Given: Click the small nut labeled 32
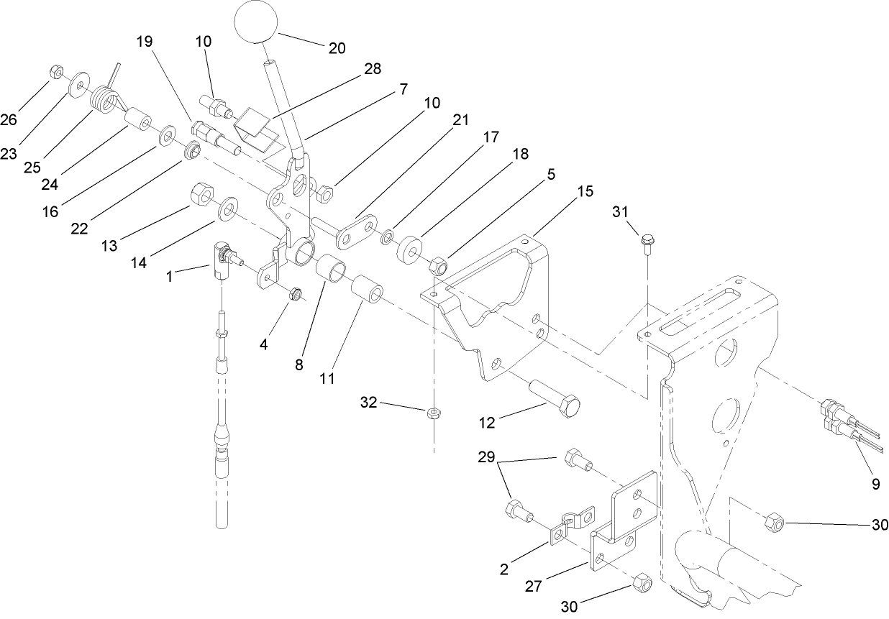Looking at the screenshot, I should (434, 413).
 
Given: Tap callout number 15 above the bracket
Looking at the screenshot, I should (585, 191).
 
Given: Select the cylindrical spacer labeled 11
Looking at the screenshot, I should (365, 292).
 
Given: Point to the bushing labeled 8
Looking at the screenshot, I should (332, 274).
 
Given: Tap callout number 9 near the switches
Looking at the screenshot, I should (875, 485).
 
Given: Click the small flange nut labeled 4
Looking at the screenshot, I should (295, 293).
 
